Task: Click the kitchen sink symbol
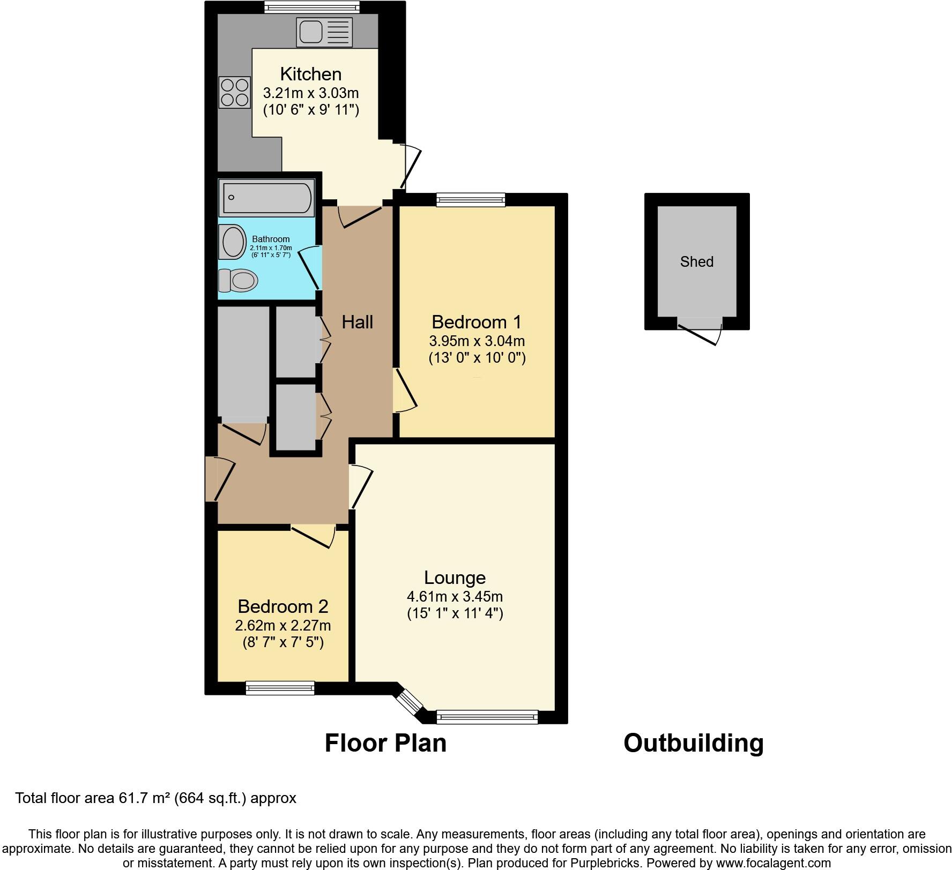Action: tap(324, 32)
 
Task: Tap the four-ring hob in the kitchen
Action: tap(235, 92)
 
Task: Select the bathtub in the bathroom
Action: tap(267, 198)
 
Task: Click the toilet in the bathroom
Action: tap(238, 280)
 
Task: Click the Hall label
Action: tap(357, 322)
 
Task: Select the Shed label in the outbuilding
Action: tap(696, 261)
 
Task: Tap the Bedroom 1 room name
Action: tap(476, 322)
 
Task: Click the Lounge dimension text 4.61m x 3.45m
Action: tap(455, 596)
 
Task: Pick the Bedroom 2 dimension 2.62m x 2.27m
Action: tap(282, 625)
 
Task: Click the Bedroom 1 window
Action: tap(471, 200)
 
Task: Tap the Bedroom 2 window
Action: tap(280, 688)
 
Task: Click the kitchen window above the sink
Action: tap(312, 6)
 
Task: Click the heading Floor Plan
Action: tap(385, 743)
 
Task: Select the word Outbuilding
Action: tap(693, 743)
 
